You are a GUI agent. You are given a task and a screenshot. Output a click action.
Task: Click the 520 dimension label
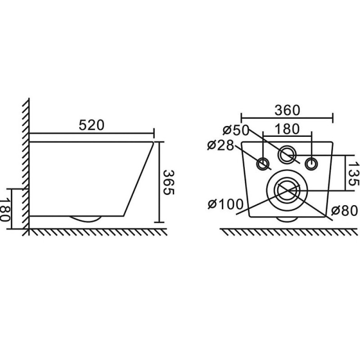(92, 125)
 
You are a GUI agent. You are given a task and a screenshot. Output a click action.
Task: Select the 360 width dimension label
(288, 110)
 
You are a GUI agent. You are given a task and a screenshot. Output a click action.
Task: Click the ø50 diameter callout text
(236, 130)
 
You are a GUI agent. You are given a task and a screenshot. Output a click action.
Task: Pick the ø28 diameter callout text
(221, 145)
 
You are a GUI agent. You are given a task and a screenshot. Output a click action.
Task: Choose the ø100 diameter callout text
(226, 204)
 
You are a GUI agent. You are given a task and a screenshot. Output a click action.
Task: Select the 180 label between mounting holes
(287, 129)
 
